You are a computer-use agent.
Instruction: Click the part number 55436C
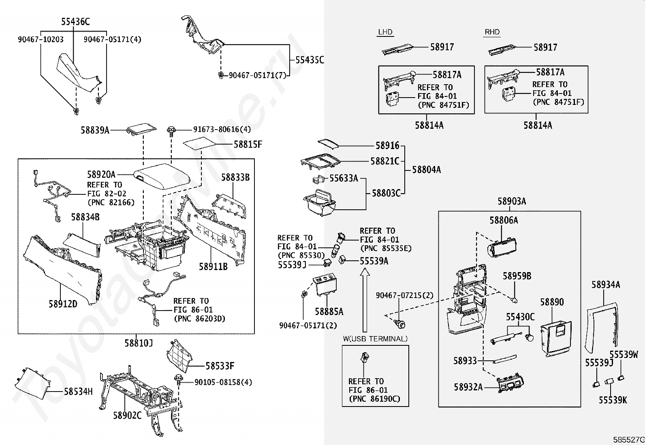[x=75, y=21]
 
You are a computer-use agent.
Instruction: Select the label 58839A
[x=95, y=130]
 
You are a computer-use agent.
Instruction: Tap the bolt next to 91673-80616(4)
[x=171, y=132]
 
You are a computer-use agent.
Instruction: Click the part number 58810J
[x=139, y=343]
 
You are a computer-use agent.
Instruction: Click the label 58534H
[x=78, y=392]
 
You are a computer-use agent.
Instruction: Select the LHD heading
[x=385, y=32]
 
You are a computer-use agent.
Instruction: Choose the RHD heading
[x=492, y=32]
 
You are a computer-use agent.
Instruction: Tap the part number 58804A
[x=427, y=170]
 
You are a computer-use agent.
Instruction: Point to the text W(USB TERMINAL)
[x=375, y=339]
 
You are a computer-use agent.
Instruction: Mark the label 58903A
[x=512, y=201]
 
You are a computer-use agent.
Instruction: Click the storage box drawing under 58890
[x=556, y=339]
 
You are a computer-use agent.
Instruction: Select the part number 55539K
[x=613, y=400]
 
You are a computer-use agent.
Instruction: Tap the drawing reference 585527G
[x=629, y=439]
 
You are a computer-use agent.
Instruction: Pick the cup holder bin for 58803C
[x=319, y=202]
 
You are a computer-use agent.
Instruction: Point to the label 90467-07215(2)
[x=405, y=295]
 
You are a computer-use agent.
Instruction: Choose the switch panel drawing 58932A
[x=510, y=383]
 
